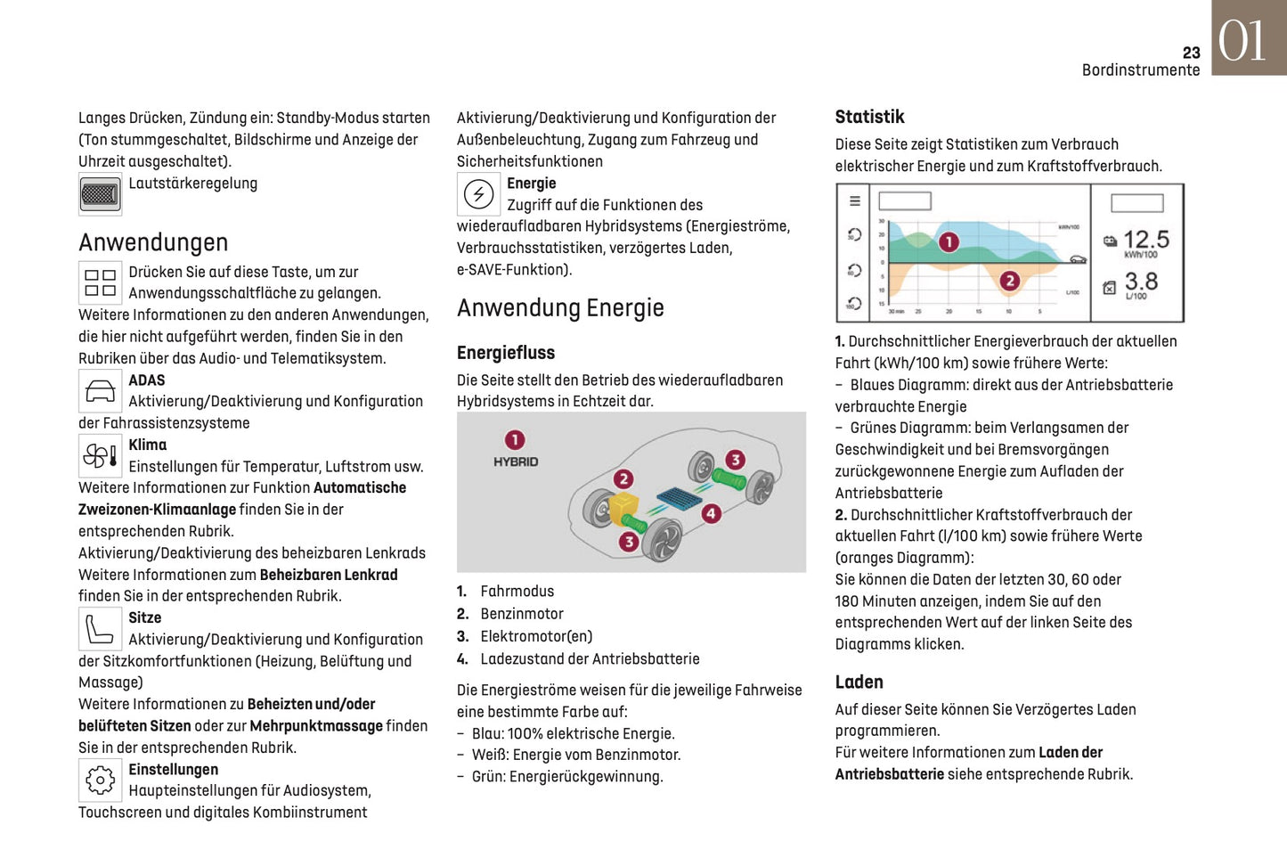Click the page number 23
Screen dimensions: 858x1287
[1191, 53]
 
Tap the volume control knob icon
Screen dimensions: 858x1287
[100, 194]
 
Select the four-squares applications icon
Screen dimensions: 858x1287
[100, 283]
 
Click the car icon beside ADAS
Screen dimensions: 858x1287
[100, 390]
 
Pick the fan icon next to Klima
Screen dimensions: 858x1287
[100, 456]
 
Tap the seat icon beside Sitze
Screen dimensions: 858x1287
[100, 629]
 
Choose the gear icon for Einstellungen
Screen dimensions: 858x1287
[100, 780]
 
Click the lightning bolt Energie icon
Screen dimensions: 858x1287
[479, 194]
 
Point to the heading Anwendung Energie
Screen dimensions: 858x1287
[560, 308]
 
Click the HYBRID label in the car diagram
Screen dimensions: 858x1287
[516, 462]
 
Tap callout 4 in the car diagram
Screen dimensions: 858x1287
[711, 513]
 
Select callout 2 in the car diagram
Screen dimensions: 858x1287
[623, 479]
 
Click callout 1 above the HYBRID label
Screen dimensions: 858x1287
[515, 440]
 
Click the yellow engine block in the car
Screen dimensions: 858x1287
[624, 508]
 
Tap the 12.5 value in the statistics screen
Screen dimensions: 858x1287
[1145, 240]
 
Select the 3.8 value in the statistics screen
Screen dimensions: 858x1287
[1141, 282]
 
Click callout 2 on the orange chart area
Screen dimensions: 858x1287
[1009, 282]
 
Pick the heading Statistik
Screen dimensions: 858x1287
[869, 117]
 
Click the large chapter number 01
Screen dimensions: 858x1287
[1242, 41]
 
